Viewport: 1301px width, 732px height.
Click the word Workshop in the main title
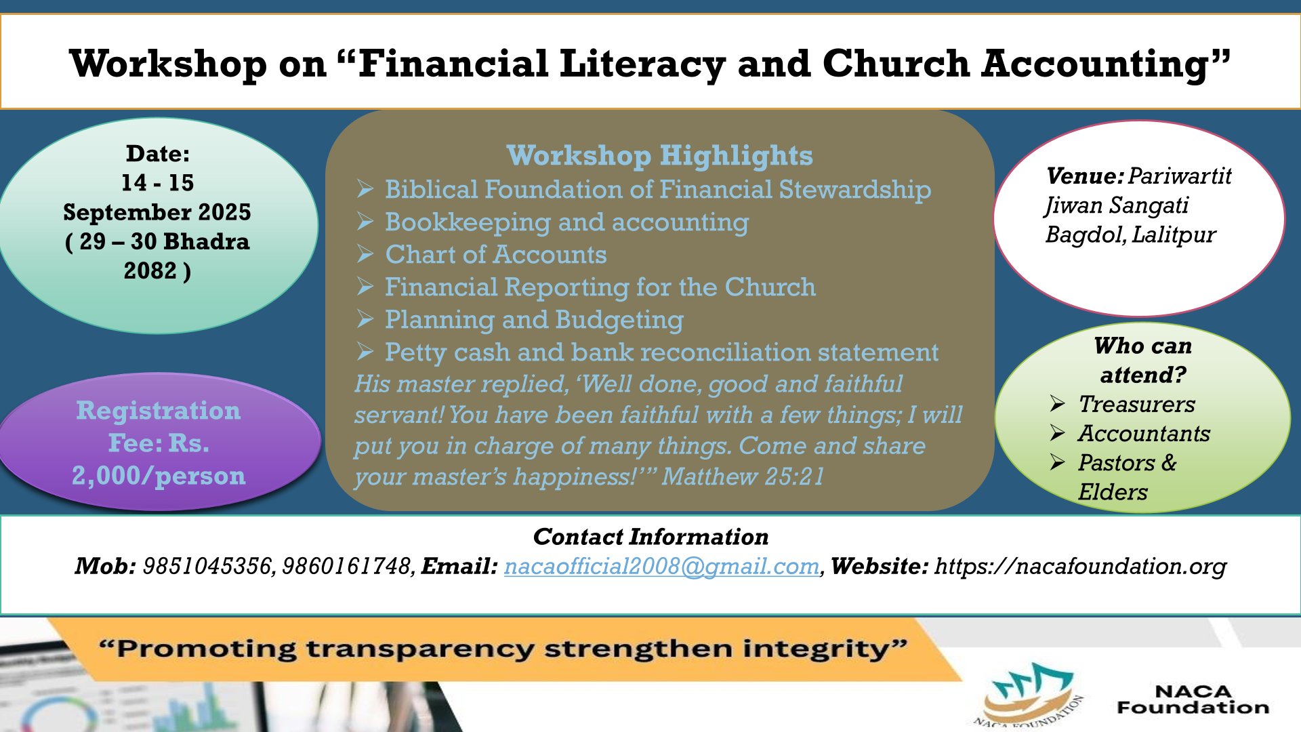(169, 64)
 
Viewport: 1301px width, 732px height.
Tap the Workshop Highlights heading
(659, 156)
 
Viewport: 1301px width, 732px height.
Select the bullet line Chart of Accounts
(495, 255)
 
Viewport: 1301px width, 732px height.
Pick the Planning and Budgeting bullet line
(534, 320)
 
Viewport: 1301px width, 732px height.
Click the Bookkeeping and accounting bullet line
(566, 222)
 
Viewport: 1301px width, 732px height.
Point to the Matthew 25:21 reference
(743, 476)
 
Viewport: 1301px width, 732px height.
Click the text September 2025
(157, 212)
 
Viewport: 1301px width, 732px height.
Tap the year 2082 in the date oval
(150, 271)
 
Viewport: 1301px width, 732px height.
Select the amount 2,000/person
(159, 476)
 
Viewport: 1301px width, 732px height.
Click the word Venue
(1084, 176)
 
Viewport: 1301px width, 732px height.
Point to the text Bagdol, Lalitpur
(1130, 235)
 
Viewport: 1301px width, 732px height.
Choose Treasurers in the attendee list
(1136, 404)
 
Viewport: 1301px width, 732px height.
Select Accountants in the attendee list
(1144, 433)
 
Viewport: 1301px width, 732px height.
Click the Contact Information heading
(650, 537)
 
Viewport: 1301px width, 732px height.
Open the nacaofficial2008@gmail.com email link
(661, 567)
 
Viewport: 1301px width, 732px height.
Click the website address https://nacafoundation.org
(1080, 567)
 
